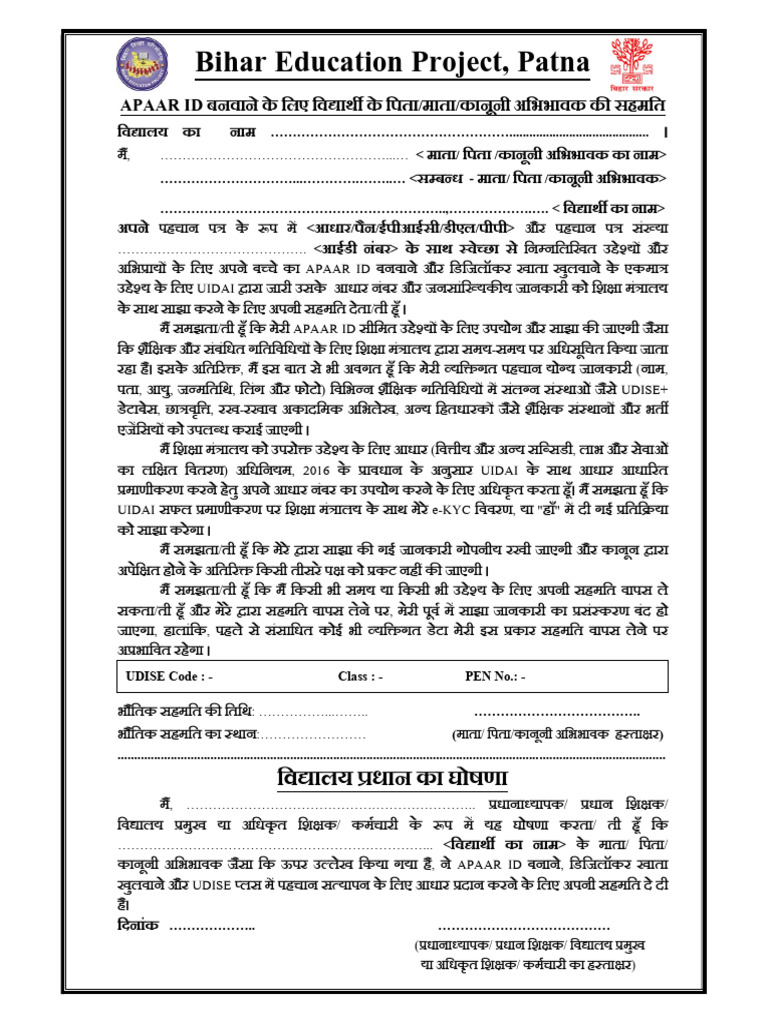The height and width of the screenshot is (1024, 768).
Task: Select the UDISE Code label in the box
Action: pos(169,677)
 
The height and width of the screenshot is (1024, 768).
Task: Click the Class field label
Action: pos(361,677)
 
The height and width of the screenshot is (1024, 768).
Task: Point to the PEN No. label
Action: pos(496,677)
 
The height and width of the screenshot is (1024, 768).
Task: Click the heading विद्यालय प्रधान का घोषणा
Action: pos(392,778)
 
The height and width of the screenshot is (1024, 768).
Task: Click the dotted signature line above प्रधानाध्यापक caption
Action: pos(531,928)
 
